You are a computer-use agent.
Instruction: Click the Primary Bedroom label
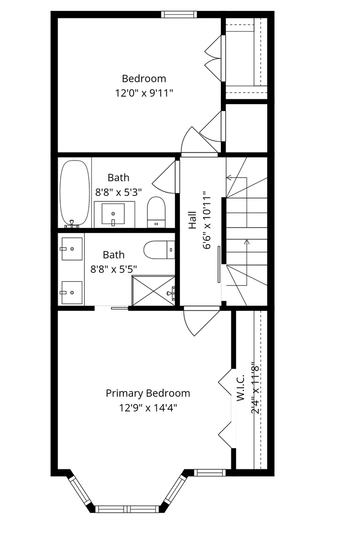point(148,393)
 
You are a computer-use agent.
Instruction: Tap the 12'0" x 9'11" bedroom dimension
point(144,93)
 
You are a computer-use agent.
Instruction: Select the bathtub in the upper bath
point(75,194)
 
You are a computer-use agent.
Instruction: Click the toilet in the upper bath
point(156,212)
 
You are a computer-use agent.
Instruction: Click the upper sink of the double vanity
point(72,249)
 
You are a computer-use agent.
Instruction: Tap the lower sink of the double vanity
point(72,292)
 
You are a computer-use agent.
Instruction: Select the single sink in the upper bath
point(113,214)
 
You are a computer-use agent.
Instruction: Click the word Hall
point(192,220)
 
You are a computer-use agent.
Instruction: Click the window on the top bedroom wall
point(179,14)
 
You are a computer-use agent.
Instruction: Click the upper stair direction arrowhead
point(229,178)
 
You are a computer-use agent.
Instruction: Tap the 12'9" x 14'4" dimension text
point(148,408)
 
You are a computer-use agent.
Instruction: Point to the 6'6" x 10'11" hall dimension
point(207,222)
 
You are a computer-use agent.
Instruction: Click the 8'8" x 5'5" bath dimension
point(113,269)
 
